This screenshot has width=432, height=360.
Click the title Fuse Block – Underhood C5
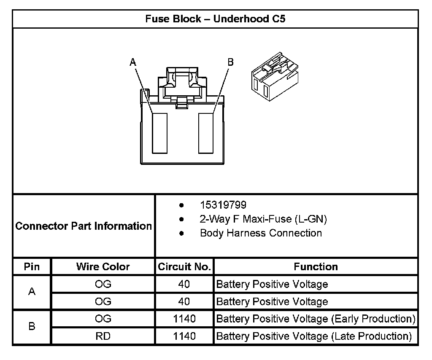pyautogui.click(x=215, y=19)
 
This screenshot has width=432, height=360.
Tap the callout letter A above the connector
pyautogui.click(x=133, y=62)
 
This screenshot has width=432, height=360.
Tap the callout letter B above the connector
pyautogui.click(x=230, y=62)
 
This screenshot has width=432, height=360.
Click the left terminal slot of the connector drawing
pyautogui.click(x=160, y=133)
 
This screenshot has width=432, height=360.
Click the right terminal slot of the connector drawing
pyautogui.click(x=206, y=133)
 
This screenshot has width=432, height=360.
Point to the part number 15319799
pyautogui.click(x=223, y=205)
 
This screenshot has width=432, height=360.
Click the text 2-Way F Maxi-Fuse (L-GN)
pyautogui.click(x=263, y=219)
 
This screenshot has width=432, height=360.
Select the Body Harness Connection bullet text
pyautogui.click(x=261, y=233)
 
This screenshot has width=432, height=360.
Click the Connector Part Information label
pyautogui.click(x=84, y=226)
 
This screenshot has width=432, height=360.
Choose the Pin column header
pyautogui.click(x=32, y=267)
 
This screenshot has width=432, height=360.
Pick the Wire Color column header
pyautogui.click(x=103, y=267)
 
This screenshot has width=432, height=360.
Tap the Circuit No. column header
pyautogui.click(x=184, y=267)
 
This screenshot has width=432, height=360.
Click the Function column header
pyautogui.click(x=316, y=267)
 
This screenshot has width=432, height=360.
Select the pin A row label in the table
pyautogui.click(x=32, y=292)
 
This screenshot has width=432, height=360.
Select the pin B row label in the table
pyautogui.click(x=32, y=327)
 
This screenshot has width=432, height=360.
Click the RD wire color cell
pyautogui.click(x=103, y=336)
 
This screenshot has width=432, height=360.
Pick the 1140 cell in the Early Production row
pyautogui.click(x=184, y=319)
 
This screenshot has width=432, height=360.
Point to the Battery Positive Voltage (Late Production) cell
pyautogui.click(x=314, y=336)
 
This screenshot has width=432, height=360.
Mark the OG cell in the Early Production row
pyautogui.click(x=103, y=319)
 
